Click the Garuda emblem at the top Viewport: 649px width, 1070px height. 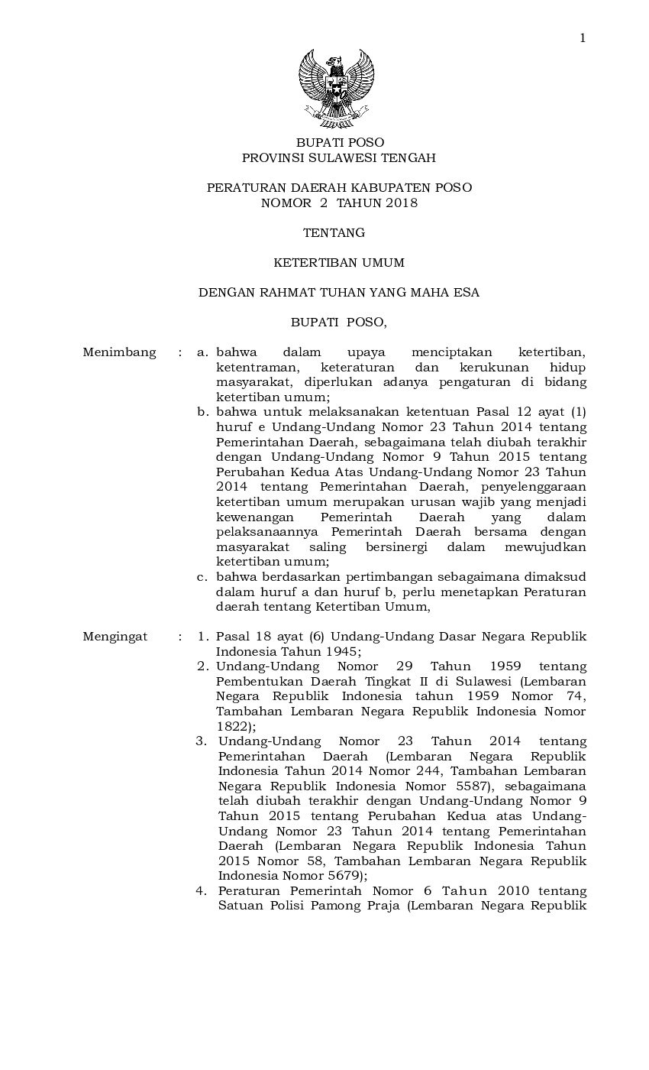point(336,87)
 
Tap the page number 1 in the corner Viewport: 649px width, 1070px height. point(583,37)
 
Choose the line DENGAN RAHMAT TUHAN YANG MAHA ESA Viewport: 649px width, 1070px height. point(339,293)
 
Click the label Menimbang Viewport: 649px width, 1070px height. point(119,352)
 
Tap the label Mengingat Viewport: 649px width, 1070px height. point(115,637)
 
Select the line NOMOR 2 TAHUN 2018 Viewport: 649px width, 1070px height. point(339,203)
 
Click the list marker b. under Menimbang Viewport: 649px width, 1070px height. point(202,412)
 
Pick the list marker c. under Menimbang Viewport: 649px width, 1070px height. point(202,577)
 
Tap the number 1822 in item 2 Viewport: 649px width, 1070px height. point(232,726)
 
